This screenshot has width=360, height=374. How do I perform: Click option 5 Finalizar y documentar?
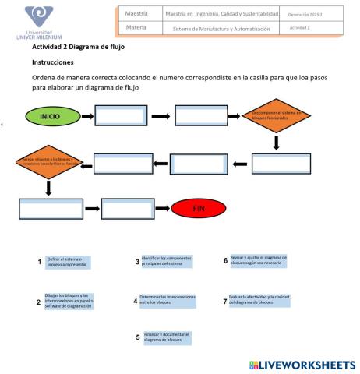167,337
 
